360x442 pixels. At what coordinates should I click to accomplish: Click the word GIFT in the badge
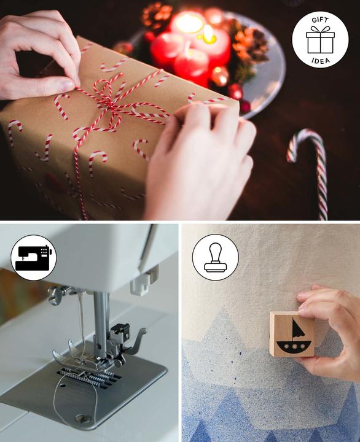pyautogui.click(x=320, y=20)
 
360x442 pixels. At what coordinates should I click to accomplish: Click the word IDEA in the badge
pyautogui.click(x=320, y=60)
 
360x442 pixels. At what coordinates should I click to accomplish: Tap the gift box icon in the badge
pyautogui.click(x=320, y=41)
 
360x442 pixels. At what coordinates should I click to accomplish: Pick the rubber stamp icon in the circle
pyautogui.click(x=215, y=257)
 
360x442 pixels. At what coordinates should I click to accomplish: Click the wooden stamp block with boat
pyautogui.click(x=292, y=334)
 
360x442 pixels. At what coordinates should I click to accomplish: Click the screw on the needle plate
pyautogui.click(x=80, y=419)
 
